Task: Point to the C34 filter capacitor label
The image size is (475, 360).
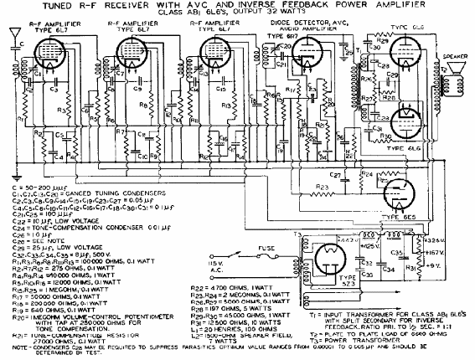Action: [388, 270]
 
